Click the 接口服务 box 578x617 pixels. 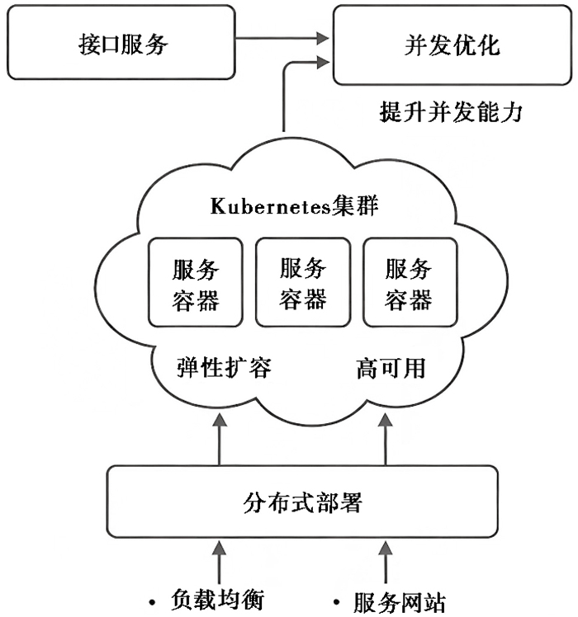pos(121,43)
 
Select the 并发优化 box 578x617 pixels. pos(452,45)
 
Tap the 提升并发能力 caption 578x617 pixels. pos(451,112)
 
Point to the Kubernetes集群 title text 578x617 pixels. pos(294,205)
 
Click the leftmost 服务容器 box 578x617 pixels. pos(196,282)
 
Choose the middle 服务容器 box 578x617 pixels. pos(303,282)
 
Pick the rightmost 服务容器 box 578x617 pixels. pos(410,282)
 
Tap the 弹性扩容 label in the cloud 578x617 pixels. pos(224,368)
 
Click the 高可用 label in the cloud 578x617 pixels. pos(391,369)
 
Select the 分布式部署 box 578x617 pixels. pos(302,502)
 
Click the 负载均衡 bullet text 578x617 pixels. pos(217,600)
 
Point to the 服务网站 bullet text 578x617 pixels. pos(400,602)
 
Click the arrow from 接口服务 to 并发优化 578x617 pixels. pos(282,38)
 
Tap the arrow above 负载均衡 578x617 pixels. pos(220,563)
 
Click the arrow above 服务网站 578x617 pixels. pos(386,563)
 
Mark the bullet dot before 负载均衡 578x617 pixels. pos(153,601)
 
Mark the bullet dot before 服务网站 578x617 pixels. pos(336,602)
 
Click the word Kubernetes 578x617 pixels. pos(270,205)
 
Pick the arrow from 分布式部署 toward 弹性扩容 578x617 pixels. pos(220,440)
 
